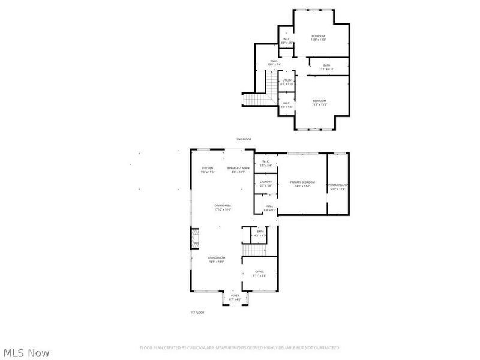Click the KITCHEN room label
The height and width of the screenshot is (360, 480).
tap(208, 168)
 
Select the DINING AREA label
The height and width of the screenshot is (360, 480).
tap(223, 206)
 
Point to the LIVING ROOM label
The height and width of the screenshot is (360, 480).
tap(216, 259)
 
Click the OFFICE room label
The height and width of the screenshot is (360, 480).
tap(259, 272)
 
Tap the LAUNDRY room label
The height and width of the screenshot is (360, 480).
tap(266, 182)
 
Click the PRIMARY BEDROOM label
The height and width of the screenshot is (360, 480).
tap(302, 182)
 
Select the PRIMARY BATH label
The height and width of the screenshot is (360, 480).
tap(338, 185)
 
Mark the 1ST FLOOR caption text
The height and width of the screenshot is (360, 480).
tap(197, 313)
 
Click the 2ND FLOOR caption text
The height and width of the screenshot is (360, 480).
tap(244, 139)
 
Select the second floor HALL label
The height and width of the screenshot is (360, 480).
tap(274, 61)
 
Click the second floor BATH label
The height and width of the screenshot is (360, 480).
tap(327, 65)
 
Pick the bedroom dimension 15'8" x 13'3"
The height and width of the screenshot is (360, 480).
tap(318, 40)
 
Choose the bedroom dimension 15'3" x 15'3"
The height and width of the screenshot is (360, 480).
tap(319, 105)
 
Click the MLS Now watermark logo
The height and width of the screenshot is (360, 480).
tap(26, 353)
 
